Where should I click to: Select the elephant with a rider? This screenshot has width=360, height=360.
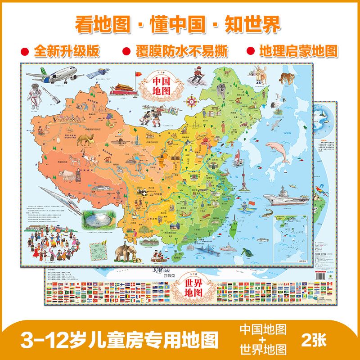126,251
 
